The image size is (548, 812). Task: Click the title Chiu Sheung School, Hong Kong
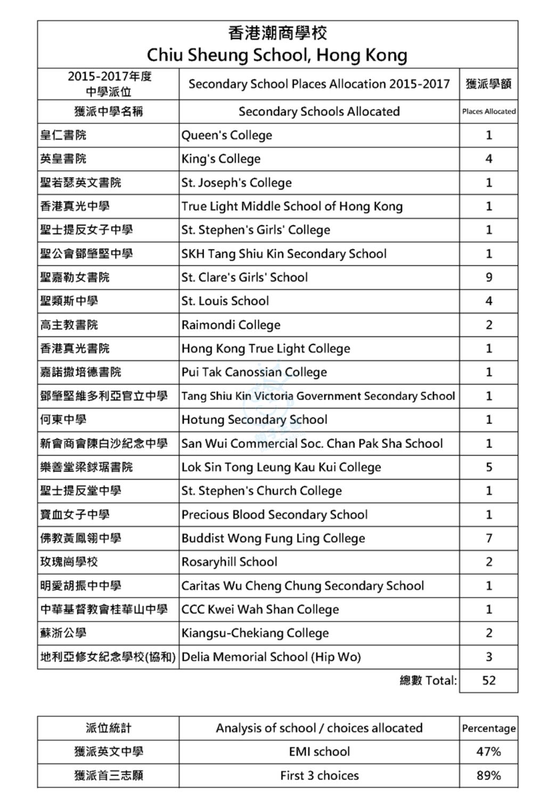[x=277, y=55]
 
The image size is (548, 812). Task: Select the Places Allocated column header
[x=488, y=111]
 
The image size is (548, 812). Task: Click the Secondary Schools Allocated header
[x=319, y=111]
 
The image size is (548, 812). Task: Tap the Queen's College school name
[x=226, y=135]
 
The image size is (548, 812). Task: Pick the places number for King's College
[x=488, y=159]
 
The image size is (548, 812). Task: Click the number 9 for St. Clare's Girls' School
[x=488, y=277]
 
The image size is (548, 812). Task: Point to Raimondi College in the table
[x=231, y=325]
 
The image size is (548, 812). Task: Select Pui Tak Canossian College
[x=254, y=372]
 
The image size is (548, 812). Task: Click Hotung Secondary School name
[x=254, y=420]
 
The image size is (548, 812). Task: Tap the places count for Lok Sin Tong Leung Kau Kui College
[x=488, y=467]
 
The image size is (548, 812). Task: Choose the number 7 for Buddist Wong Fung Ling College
[x=488, y=538]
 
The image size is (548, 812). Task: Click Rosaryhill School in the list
[x=229, y=562]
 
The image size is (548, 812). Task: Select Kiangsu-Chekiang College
[x=255, y=633]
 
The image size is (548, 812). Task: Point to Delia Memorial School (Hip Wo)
[x=271, y=657]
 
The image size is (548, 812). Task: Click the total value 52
[x=488, y=680]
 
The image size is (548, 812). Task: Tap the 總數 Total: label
[x=428, y=680]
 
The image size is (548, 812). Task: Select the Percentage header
[x=488, y=728]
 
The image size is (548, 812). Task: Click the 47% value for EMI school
[x=488, y=752]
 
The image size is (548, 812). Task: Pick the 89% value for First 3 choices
[x=488, y=775]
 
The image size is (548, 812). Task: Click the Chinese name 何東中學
[x=63, y=420]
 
